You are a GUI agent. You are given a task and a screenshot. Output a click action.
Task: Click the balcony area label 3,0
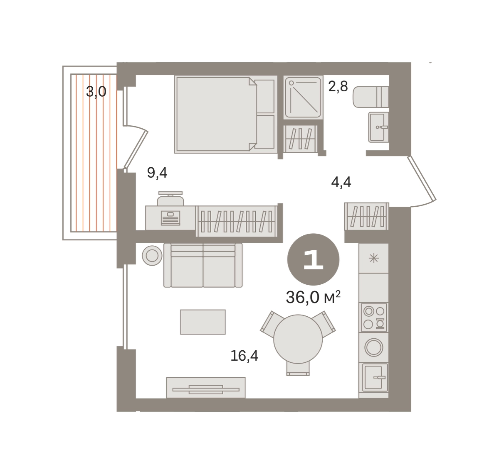coord(96,92)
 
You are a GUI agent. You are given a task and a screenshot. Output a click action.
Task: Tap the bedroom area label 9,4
coord(157,173)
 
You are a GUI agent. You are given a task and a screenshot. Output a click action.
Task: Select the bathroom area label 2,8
coord(338,86)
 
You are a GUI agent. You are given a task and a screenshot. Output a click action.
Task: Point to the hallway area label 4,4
coord(341,182)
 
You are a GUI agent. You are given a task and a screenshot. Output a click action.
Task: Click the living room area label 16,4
coord(244,356)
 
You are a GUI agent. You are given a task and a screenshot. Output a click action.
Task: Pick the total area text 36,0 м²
coord(313,297)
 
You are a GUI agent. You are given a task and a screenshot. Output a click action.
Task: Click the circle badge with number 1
coord(313,259)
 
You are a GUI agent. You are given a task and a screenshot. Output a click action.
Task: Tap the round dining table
coord(298,339)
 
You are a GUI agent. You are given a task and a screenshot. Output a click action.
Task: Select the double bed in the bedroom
coord(226,115)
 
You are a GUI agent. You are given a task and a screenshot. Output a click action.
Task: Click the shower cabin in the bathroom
coord(303,97)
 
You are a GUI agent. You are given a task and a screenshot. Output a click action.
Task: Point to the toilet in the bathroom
coord(371,97)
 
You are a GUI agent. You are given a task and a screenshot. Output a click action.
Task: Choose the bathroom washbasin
coord(378,127)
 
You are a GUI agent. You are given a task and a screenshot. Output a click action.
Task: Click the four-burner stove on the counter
coord(373,318)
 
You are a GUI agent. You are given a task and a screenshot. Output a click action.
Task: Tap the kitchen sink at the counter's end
coord(373,377)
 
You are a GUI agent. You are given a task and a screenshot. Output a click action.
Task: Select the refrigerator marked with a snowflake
coord(373,259)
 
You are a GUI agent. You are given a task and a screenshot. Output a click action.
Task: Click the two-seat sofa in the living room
coord(203,265)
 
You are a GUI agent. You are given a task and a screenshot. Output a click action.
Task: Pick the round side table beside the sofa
coord(152,256)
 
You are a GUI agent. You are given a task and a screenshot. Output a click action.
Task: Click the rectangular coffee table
coord(203,322)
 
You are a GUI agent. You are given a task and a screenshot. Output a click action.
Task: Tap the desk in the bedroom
coord(170,218)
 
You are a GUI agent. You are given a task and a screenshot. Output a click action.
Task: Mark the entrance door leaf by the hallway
coord(422,178)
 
